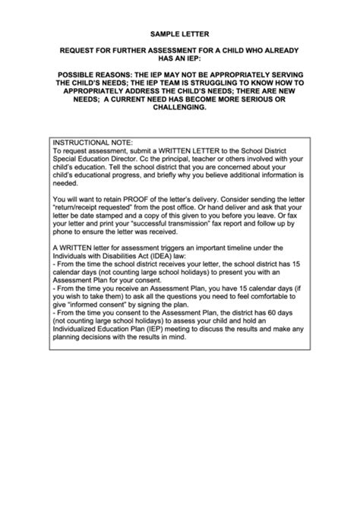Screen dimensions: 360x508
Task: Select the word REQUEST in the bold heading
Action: point(80,50)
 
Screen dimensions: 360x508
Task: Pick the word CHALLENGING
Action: point(180,107)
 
